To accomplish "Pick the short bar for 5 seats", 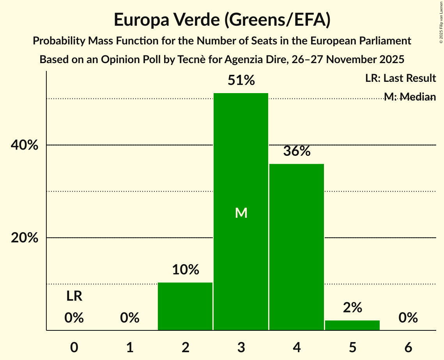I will click(x=352, y=325).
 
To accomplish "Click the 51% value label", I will click(x=241, y=81).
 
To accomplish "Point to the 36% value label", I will click(x=297, y=151).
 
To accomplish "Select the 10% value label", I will click(x=186, y=270).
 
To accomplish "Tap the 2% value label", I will click(x=352, y=308).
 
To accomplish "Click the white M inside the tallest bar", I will click(x=241, y=213).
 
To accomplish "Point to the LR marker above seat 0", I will click(x=74, y=296).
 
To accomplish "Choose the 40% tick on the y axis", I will click(x=25, y=145).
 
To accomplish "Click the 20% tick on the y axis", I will click(x=25, y=238).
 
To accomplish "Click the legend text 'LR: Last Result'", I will click(x=400, y=78).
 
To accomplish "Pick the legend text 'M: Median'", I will click(x=410, y=97).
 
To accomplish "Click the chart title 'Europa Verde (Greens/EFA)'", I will click(x=222, y=20).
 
